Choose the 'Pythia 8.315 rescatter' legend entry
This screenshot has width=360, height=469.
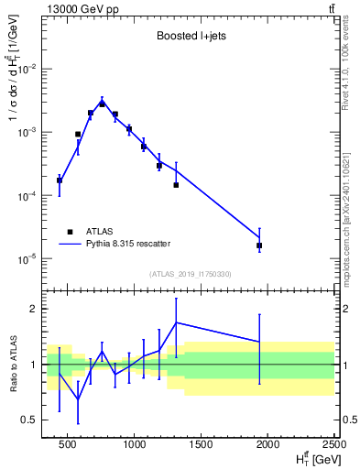point(134,243)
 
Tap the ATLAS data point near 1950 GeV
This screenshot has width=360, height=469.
point(259,245)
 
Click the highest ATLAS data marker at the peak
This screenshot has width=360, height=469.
point(103,104)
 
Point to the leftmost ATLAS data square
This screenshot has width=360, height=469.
point(60,180)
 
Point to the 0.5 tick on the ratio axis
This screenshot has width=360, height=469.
point(34,420)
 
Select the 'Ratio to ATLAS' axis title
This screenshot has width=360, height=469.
point(11,364)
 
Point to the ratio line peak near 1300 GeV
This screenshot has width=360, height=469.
point(176,322)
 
